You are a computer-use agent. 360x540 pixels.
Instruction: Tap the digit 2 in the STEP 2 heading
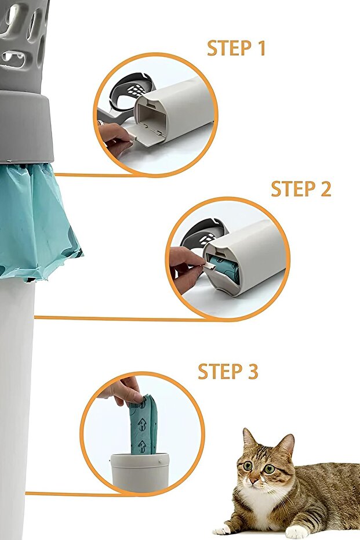coord(326,189)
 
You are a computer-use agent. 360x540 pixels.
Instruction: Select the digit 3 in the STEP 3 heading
coord(253,372)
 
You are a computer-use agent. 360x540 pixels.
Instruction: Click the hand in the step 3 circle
coord(122,390)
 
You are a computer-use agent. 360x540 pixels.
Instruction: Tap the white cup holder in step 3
coord(140,472)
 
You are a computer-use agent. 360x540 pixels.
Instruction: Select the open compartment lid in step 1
coord(144,135)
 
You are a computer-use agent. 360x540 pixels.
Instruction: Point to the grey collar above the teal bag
coord(26,126)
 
